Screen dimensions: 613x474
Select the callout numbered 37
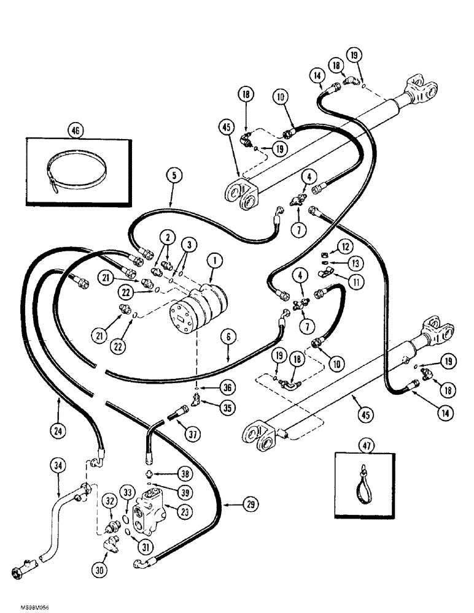click(x=191, y=436)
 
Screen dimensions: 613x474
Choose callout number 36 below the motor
click(x=212, y=387)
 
